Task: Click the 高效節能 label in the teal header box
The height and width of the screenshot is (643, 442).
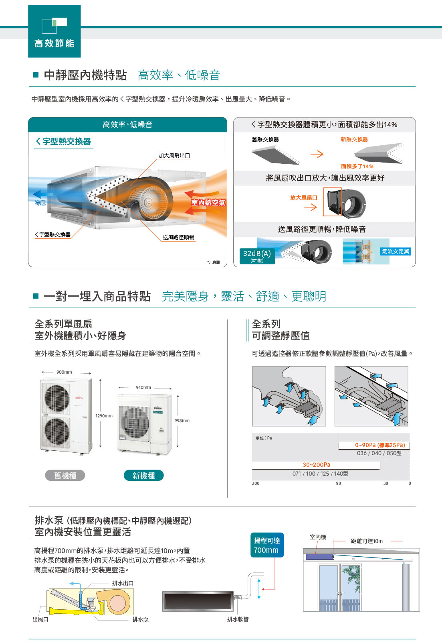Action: click(54, 43)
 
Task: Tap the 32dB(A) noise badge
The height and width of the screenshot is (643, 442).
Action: click(257, 256)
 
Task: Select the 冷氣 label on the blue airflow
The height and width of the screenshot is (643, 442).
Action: click(40, 203)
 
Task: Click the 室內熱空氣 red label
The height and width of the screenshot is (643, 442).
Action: click(208, 202)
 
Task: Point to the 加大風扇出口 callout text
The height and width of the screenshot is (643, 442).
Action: click(174, 156)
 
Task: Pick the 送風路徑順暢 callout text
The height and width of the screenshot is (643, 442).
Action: click(179, 237)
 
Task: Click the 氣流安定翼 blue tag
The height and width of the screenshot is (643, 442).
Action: click(395, 251)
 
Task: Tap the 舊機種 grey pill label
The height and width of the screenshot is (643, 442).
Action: click(65, 475)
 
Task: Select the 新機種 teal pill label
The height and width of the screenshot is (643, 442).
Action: click(143, 475)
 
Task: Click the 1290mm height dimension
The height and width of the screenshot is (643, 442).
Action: click(104, 416)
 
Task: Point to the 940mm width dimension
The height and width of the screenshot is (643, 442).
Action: click(143, 387)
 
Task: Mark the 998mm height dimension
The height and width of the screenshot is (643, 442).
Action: click(182, 421)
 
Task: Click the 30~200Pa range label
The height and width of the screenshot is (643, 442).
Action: click(317, 464)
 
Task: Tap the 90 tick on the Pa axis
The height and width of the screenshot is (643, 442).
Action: click(339, 483)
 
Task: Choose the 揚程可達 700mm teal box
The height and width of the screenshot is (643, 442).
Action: click(267, 545)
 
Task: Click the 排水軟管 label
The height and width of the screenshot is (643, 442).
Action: click(238, 619)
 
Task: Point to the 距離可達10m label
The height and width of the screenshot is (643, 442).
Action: click(367, 541)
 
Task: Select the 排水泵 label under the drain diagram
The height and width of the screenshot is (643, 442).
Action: click(140, 619)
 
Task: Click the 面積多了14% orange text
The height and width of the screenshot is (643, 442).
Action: click(357, 166)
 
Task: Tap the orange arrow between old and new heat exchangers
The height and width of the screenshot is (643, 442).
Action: click(317, 154)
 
